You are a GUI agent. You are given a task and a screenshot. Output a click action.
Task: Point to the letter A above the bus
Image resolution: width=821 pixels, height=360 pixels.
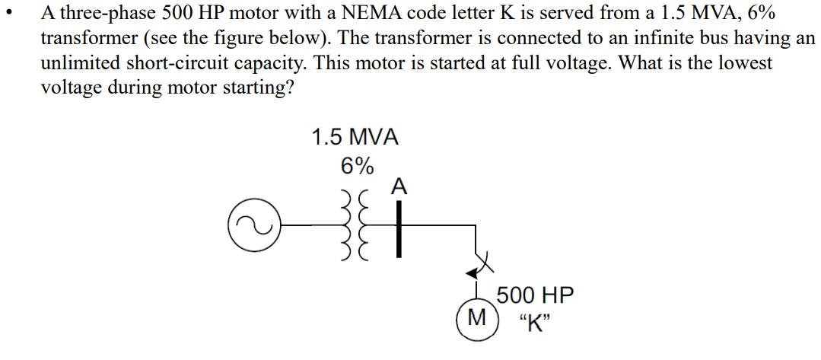pos(400,186)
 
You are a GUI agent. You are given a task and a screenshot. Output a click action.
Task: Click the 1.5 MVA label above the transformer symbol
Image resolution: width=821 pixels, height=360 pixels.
pos(355,137)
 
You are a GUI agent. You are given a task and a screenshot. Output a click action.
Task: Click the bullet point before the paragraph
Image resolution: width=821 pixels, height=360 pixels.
pos(8,14)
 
